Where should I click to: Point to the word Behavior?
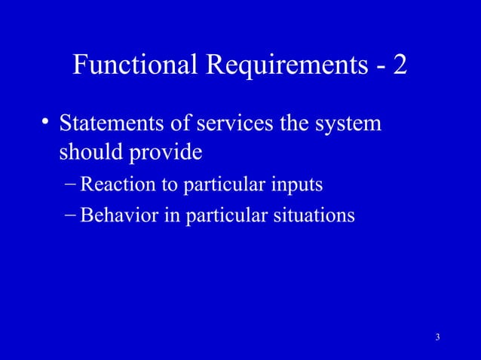tap(118, 215)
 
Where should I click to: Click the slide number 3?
tap(437, 336)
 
